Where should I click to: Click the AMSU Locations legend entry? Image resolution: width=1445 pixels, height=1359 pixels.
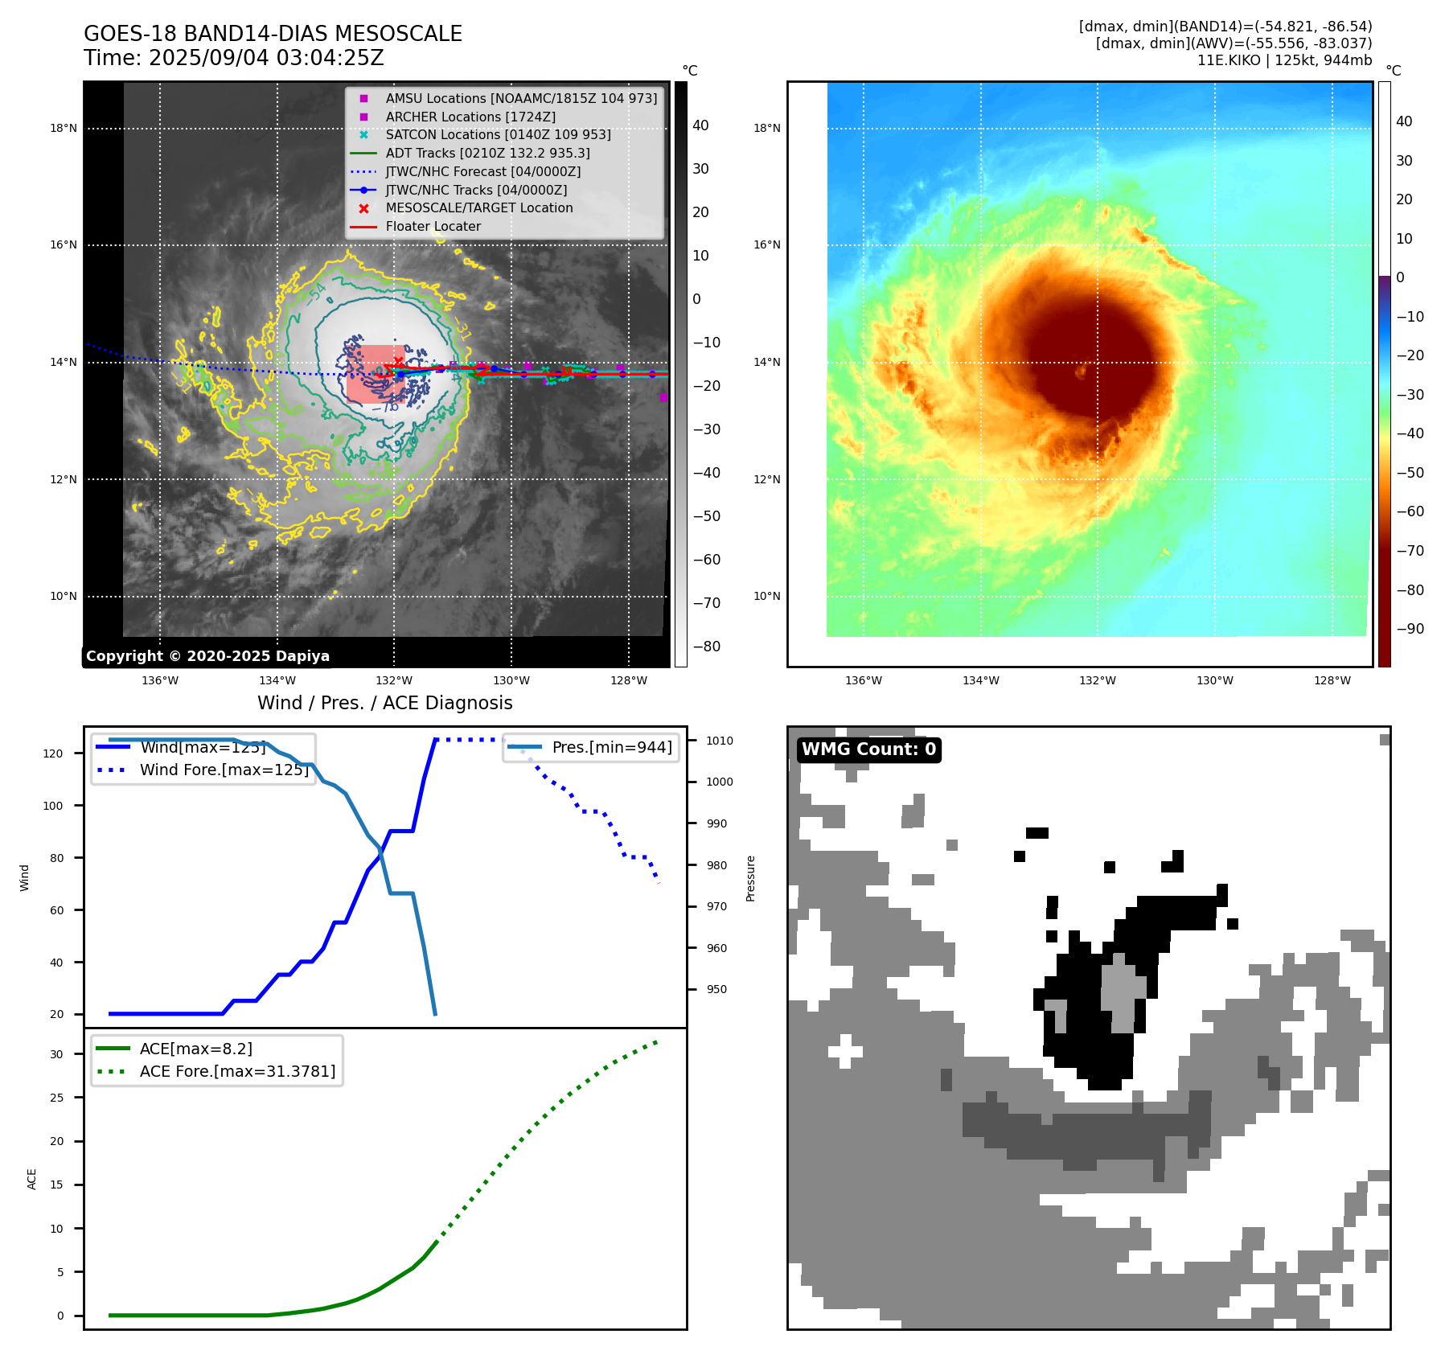tap(520, 98)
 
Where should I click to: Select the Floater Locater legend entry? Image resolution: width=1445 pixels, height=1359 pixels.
tap(433, 227)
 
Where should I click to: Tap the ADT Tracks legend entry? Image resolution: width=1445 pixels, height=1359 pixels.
tap(487, 153)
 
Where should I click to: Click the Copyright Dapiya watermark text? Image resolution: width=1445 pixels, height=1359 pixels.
tap(207, 656)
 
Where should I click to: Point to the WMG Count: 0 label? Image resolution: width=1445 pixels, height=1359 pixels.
tap(868, 749)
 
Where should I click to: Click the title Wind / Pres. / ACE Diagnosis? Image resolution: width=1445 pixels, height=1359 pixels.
tap(384, 703)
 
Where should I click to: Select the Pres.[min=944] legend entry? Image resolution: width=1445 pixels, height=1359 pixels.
tap(611, 747)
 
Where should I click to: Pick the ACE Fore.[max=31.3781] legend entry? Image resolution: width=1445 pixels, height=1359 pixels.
tap(237, 1071)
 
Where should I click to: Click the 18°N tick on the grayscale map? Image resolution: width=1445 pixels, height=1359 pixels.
tap(64, 129)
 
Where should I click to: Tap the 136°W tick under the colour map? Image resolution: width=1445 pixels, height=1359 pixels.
tap(864, 681)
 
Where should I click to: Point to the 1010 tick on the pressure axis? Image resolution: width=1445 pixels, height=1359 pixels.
tap(720, 741)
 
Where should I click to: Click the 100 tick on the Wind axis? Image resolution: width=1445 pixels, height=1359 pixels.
tap(53, 806)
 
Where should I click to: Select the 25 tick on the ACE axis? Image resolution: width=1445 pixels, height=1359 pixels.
tap(56, 1098)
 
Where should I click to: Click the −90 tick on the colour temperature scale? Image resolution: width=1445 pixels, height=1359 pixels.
tap(1410, 629)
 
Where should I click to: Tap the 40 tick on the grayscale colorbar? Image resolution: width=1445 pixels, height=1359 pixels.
tap(700, 125)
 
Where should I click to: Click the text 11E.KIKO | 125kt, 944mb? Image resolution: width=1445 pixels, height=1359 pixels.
tap(1284, 60)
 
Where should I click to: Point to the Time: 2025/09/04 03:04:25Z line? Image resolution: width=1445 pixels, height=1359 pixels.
tap(234, 59)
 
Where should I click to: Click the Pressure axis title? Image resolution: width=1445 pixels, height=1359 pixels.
tap(751, 878)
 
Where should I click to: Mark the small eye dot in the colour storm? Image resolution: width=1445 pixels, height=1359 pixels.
tap(1081, 372)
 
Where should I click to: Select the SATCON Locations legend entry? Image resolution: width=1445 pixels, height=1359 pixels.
tap(498, 135)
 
